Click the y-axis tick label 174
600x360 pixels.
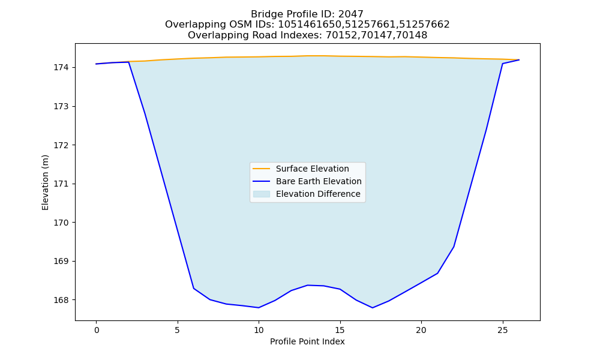61,67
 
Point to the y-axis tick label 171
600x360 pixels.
61,184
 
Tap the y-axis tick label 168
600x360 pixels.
61,300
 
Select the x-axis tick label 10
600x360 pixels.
259,330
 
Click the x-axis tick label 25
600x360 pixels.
502,330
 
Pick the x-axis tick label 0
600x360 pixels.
97,330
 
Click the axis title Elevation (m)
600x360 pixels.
45,182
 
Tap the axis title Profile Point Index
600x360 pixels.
307,341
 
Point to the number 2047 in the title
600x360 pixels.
351,14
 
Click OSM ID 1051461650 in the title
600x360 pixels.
309,25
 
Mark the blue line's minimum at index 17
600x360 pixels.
373,308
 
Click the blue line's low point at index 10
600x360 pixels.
259,308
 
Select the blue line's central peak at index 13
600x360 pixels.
308,285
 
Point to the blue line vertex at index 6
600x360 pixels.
194,288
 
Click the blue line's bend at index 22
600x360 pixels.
454,247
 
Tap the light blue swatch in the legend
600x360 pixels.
262,194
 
